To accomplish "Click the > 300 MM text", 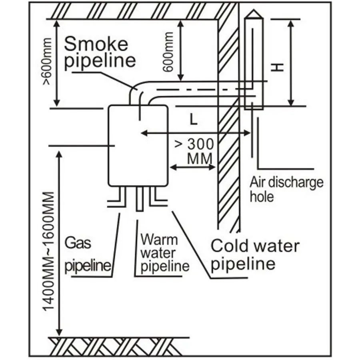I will click(x=195, y=151).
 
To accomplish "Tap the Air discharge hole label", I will click(x=286, y=189).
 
